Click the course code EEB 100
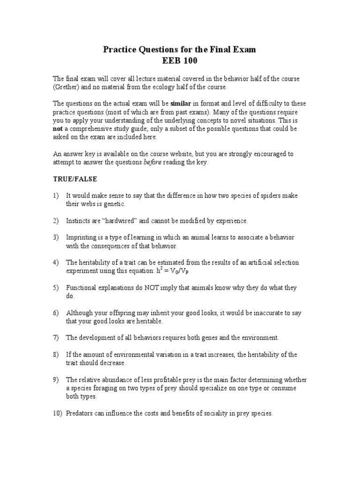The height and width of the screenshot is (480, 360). pos(180,60)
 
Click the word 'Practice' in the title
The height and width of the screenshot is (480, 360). pos(121,50)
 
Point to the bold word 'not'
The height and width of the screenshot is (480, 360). pos(57,129)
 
